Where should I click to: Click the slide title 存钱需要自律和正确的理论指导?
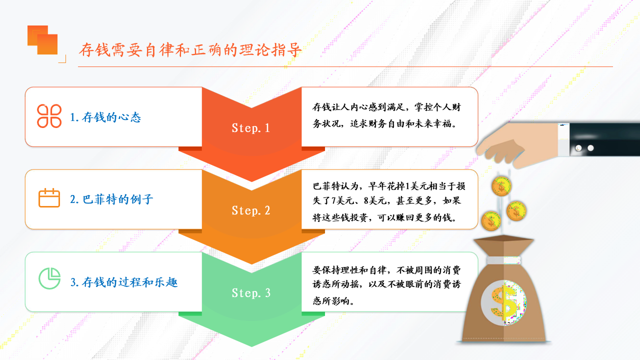pyautogui.click(x=190, y=50)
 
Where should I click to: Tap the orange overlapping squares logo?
pyautogui.click(x=42, y=40)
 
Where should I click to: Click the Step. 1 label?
pyautogui.click(x=250, y=128)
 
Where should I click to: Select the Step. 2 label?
pyautogui.click(x=250, y=210)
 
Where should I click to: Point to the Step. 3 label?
pyautogui.click(x=250, y=293)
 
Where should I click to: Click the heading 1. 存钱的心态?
pyautogui.click(x=105, y=117)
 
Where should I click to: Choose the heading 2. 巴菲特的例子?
pyautogui.click(x=111, y=199)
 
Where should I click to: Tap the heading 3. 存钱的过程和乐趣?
pyautogui.click(x=123, y=282)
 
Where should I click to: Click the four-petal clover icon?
pyautogui.click(x=49, y=116)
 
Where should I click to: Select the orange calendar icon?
pyautogui.click(x=49, y=197)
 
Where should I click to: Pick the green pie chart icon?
pyautogui.click(x=49, y=278)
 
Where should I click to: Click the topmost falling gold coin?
pyautogui.click(x=501, y=186)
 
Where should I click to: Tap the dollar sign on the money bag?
pyautogui.click(x=504, y=303)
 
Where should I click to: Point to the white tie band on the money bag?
pyautogui.click(x=503, y=260)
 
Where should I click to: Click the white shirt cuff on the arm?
pyautogui.click(x=563, y=139)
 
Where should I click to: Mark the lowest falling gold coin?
pyautogui.click(x=491, y=221)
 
